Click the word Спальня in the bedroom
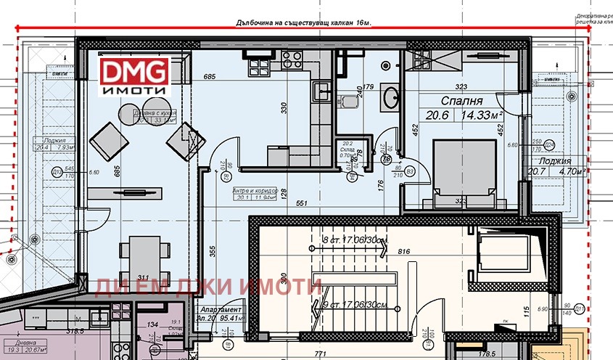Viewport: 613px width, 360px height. [x=461, y=101]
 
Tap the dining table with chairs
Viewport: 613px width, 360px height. [x=137, y=258]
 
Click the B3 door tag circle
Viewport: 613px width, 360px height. [x=410, y=171]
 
